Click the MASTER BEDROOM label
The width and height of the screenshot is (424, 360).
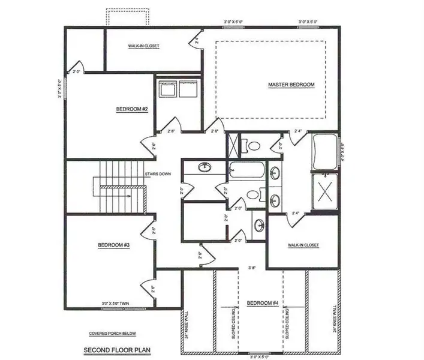point(291,85)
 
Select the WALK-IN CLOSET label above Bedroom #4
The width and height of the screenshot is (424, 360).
point(303,245)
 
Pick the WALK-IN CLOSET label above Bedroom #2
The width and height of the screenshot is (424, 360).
point(144,46)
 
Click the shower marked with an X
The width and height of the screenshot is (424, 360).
point(324,193)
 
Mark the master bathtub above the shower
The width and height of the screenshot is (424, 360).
point(324,153)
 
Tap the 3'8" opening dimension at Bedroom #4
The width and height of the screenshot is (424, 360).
point(252,268)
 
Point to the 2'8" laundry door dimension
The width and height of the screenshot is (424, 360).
point(172,131)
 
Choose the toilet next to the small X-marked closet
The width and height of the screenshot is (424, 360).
point(254,145)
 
